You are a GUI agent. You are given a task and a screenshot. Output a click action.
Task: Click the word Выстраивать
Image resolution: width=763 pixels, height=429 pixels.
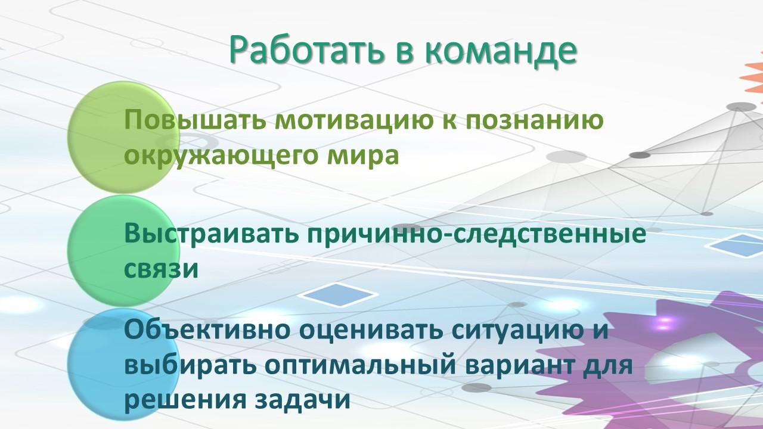click(211, 234)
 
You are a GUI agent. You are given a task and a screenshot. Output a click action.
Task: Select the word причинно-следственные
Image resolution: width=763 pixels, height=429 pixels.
click(476, 235)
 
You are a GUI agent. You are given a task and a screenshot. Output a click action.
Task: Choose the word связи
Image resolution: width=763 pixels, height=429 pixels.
click(161, 269)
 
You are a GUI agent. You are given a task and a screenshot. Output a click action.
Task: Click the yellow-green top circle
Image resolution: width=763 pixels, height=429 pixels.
click(123, 138)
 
